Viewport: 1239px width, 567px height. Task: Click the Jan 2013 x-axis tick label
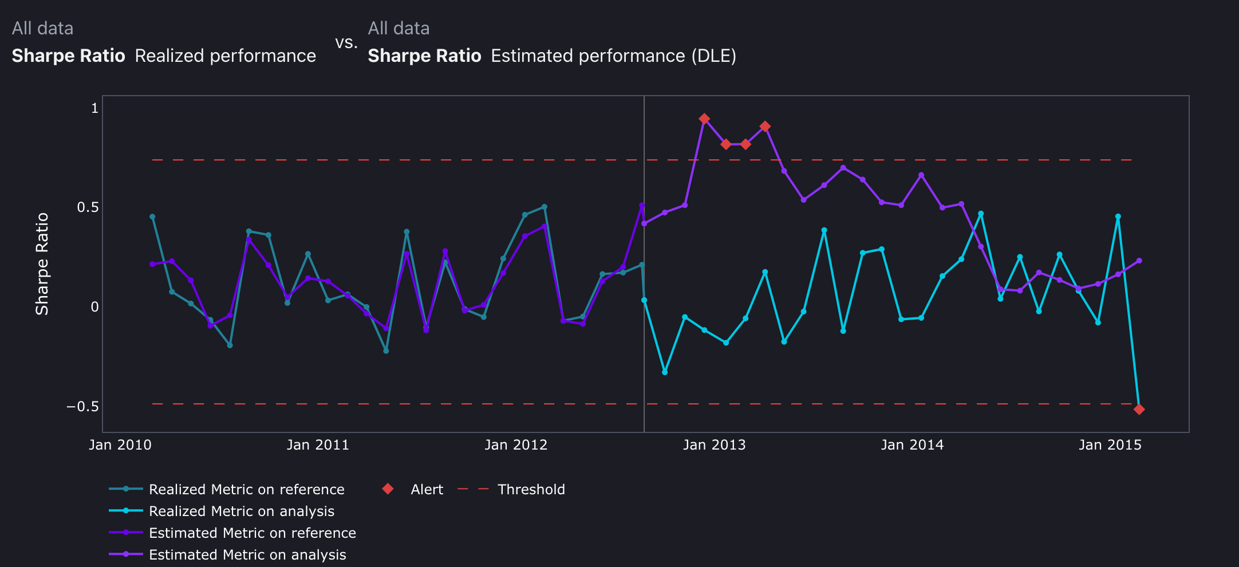[x=714, y=445]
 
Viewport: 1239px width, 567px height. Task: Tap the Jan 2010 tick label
[x=120, y=445]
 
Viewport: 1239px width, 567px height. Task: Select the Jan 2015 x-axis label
[x=1110, y=445]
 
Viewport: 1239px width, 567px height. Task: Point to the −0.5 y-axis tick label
[x=82, y=407]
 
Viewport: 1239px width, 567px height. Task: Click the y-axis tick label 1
[x=95, y=108]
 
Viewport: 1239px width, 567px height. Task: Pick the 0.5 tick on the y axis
[x=88, y=207]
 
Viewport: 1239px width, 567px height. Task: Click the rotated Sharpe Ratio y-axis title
[x=42, y=263]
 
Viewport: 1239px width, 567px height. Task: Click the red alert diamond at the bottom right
[x=1139, y=409]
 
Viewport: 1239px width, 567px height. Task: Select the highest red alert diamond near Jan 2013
[x=704, y=119]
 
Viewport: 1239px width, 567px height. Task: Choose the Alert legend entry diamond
[x=388, y=489]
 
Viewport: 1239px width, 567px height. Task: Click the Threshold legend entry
[x=531, y=490]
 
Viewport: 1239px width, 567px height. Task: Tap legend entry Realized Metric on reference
[x=246, y=490]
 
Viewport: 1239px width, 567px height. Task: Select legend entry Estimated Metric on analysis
[x=247, y=555]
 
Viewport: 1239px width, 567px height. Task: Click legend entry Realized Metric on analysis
[x=241, y=511]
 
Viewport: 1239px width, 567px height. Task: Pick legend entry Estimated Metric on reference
[x=252, y=533]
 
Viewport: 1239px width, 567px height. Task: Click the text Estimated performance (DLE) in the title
[x=613, y=56]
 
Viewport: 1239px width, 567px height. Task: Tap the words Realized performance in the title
[x=225, y=56]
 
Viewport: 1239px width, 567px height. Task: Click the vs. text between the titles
[x=346, y=42]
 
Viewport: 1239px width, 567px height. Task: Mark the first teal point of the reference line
[x=152, y=217]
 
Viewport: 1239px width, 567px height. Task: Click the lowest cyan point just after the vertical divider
[x=665, y=372]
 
